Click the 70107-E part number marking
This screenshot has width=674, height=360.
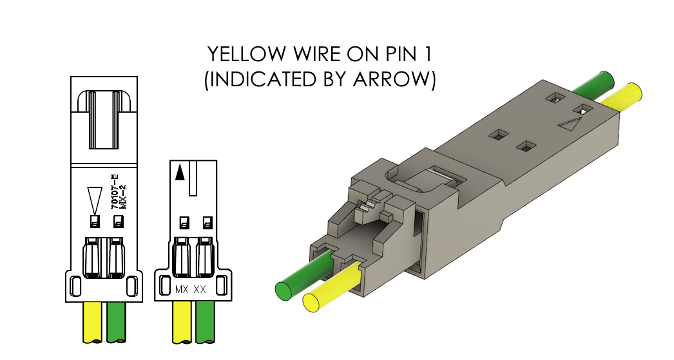coord(114,191)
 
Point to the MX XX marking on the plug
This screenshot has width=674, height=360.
coord(191,290)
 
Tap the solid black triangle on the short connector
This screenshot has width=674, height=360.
coord(180,172)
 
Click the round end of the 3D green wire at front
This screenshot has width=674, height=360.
coord(284,290)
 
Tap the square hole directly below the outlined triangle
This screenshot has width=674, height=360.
coord(94,222)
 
